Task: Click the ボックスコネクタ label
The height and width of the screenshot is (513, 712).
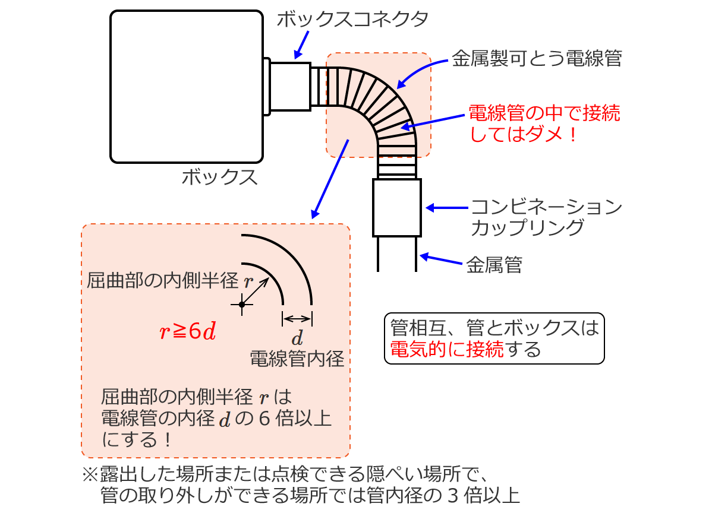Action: tap(352, 20)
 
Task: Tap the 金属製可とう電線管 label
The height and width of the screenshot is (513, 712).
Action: tap(536, 59)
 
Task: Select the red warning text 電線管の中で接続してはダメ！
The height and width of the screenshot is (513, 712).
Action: tap(543, 123)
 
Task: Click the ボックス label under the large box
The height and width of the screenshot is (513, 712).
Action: tap(220, 177)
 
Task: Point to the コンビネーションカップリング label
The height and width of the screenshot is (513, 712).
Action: tap(546, 217)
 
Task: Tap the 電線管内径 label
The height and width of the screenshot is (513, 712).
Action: tap(297, 359)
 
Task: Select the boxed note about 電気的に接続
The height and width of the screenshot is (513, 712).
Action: tap(494, 338)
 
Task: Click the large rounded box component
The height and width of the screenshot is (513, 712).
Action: tap(187, 87)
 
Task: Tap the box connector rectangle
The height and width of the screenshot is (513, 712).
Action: tap(290, 87)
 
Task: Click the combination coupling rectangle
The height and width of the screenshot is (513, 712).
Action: tap(396, 207)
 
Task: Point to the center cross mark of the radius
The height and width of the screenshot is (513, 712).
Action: tap(242, 305)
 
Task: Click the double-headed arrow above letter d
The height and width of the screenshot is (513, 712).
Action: tap(297, 319)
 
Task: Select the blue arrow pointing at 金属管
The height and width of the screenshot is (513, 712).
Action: tap(441, 260)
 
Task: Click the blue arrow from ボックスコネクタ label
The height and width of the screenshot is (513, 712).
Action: tap(303, 45)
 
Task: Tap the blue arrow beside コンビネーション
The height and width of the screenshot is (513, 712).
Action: tap(447, 208)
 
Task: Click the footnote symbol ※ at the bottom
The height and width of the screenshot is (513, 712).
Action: tap(89, 475)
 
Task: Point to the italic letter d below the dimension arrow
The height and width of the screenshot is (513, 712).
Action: tap(297, 340)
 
